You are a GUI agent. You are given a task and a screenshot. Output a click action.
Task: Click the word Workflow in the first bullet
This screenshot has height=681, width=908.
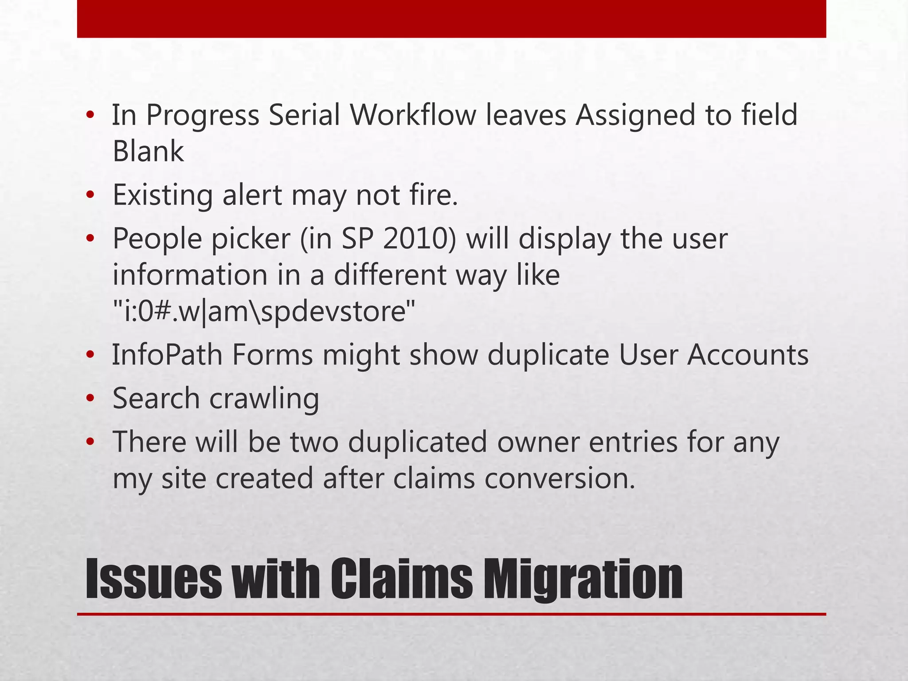pyautogui.click(x=412, y=115)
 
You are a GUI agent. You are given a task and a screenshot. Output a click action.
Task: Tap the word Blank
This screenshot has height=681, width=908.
pyautogui.click(x=148, y=151)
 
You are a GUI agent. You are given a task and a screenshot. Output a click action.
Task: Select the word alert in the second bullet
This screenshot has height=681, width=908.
pyautogui.click(x=252, y=195)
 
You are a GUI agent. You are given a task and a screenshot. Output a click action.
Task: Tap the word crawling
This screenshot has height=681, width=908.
pyautogui.click(x=264, y=398)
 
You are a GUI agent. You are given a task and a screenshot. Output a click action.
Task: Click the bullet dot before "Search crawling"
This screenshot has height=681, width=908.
pyautogui.click(x=90, y=399)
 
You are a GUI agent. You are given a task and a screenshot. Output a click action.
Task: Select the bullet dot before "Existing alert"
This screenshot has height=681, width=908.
pyautogui.click(x=90, y=196)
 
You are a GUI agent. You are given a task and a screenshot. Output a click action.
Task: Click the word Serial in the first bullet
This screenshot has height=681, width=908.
pyautogui.click(x=304, y=115)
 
